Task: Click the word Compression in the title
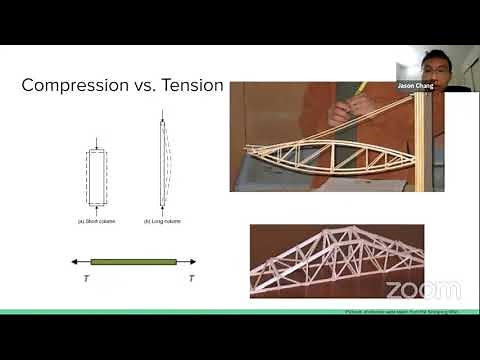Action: [70, 85]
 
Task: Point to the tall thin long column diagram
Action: [162, 165]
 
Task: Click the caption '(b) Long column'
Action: [162, 220]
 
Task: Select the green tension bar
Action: [132, 262]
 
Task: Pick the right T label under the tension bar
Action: [191, 279]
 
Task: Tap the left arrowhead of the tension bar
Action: [74, 262]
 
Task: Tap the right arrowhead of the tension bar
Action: [192, 262]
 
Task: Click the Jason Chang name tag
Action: [418, 87]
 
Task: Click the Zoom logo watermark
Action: [423, 290]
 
